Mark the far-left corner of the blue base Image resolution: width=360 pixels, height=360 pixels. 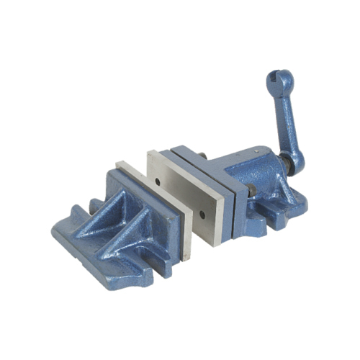55,233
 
